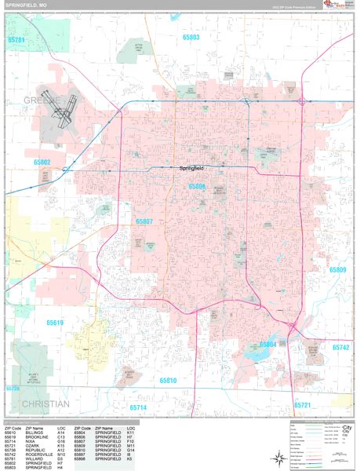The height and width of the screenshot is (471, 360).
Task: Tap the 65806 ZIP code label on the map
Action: (198, 187)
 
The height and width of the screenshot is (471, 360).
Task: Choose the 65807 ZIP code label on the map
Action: (144, 222)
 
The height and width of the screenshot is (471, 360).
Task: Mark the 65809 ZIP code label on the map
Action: (337, 270)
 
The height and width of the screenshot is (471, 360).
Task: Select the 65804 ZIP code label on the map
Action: (267, 345)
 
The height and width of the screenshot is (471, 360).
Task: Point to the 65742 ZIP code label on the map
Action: (340, 346)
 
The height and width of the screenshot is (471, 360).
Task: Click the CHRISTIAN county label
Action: (35, 403)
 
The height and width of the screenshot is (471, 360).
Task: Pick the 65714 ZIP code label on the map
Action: (139, 408)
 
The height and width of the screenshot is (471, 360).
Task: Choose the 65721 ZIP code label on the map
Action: (303, 405)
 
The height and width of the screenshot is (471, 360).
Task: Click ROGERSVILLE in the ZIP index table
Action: (39, 454)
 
